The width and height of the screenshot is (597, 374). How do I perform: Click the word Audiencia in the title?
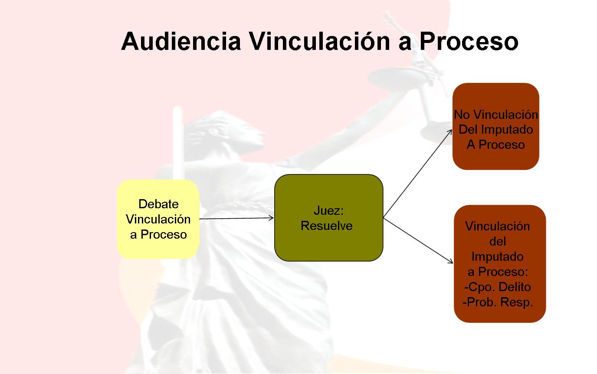(181, 41)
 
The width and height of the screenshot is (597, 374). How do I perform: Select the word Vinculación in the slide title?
(320, 41)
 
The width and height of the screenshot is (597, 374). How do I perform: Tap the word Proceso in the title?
(469, 41)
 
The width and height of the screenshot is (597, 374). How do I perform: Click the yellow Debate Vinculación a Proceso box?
(158, 219)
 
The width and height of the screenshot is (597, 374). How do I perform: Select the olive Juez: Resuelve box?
(328, 218)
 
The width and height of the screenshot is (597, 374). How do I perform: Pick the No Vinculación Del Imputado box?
(496, 126)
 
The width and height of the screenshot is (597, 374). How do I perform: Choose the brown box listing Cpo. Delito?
(500, 264)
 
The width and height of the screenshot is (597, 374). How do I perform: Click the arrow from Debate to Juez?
(236, 218)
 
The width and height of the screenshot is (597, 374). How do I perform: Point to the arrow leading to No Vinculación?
(418, 174)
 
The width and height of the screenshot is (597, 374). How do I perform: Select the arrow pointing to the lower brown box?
(418, 241)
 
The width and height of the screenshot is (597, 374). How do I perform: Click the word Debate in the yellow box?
(158, 204)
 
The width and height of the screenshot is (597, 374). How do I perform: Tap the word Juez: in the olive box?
(328, 210)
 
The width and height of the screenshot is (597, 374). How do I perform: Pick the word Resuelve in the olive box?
(326, 226)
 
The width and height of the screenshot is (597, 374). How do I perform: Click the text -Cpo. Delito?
(497, 287)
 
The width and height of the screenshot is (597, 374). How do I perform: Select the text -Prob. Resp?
(498, 302)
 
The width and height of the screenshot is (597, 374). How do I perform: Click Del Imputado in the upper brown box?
(496, 130)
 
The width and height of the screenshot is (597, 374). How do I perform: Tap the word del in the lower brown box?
(498, 241)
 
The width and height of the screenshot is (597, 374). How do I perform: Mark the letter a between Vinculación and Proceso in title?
(404, 44)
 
